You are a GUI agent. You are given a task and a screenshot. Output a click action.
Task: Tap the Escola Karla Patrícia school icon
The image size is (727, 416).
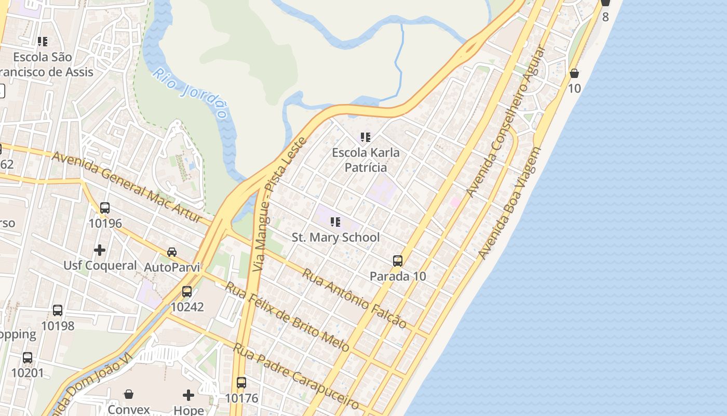[366, 137]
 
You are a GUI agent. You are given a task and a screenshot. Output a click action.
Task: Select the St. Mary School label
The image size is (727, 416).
[335, 238]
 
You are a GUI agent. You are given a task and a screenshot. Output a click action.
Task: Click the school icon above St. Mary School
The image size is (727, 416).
[335, 222]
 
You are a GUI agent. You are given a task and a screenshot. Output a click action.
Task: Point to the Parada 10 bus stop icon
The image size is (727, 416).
[398, 261]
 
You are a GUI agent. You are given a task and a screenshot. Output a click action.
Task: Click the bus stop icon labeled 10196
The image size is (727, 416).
[105, 208]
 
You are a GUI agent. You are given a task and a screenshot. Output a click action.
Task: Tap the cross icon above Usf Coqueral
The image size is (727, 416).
[100, 250]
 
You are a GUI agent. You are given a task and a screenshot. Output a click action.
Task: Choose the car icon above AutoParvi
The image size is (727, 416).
[171, 252]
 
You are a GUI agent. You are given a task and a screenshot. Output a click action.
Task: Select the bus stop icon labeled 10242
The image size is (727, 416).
[187, 292]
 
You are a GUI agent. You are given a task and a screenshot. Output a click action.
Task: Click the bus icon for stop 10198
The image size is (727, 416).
[58, 310]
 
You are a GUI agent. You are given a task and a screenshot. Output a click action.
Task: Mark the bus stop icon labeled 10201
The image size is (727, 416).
[28, 358]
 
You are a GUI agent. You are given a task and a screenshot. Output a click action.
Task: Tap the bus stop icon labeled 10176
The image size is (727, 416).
[241, 383]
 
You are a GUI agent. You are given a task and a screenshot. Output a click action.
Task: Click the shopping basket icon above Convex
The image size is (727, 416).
[129, 395]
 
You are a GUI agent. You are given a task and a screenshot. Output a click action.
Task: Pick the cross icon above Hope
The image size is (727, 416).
[189, 395]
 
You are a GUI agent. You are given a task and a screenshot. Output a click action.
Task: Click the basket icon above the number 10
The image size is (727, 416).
[574, 73]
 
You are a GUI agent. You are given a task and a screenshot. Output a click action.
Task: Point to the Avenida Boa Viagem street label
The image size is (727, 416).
[509, 203]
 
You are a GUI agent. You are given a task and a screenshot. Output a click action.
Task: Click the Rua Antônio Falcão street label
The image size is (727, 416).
[354, 298]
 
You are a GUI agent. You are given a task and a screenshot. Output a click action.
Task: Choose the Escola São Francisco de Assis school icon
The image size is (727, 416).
[43, 42]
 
